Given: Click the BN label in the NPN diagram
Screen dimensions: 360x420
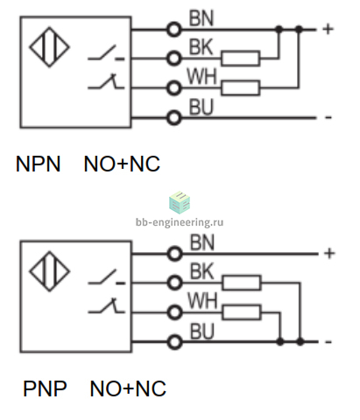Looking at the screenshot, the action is (201, 18).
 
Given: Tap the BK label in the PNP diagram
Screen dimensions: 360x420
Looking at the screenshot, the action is (202, 271).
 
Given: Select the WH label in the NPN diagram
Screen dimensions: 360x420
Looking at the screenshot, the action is (201, 76).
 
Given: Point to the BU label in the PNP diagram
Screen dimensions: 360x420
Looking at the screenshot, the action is (202, 331).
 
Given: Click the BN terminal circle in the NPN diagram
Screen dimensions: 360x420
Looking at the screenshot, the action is (174, 30).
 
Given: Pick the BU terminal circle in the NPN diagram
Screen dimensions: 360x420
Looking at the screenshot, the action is (174, 118).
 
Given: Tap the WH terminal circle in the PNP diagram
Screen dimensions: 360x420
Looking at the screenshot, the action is (174, 312).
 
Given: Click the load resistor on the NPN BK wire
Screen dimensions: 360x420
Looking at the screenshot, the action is (240, 59).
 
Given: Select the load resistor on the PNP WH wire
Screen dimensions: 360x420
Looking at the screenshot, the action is (242, 312).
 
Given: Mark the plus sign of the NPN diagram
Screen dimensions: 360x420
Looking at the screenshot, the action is (328, 29).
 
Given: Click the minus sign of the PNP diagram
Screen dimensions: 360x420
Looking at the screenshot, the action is (328, 342).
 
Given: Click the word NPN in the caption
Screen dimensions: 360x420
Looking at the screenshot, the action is (38, 164).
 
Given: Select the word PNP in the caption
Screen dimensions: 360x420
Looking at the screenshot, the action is (45, 388).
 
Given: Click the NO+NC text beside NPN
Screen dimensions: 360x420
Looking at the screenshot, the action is (122, 164).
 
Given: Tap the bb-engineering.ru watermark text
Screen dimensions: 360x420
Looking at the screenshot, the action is (180, 222).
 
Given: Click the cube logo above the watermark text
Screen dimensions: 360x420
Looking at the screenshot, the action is (180, 202).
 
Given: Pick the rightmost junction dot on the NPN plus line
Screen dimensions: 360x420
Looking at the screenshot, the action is (299, 29).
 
